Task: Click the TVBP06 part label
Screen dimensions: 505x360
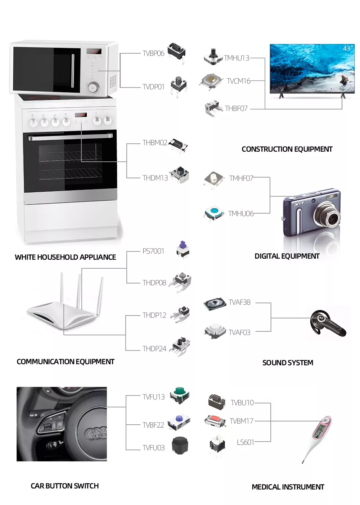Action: (153, 53)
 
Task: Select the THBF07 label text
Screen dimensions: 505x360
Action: (236, 108)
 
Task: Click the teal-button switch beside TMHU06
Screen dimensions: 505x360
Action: (215, 213)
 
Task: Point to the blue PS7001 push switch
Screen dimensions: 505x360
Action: (183, 249)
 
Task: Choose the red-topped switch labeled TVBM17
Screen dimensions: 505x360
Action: (215, 420)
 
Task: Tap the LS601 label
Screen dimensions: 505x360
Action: (246, 442)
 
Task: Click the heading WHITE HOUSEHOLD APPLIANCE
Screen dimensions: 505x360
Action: (65, 257)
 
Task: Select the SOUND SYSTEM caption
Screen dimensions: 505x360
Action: (288, 363)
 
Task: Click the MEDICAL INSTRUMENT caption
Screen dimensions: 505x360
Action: (288, 487)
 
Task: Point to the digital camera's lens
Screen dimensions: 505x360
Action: (330, 216)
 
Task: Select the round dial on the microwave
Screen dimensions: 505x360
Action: (94, 86)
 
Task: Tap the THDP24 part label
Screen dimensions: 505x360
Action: (154, 349)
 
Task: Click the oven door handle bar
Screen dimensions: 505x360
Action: (70, 137)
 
